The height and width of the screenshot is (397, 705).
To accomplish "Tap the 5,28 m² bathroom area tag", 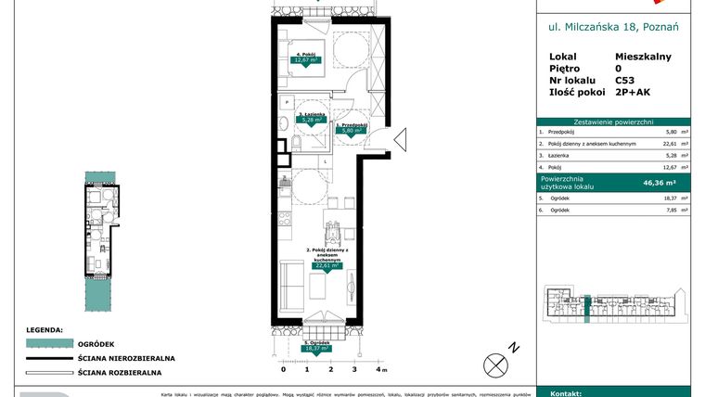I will coord(309,120).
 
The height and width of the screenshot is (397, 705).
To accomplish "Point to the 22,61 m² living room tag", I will coord(325,265).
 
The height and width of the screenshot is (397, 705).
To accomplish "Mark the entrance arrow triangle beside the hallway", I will coord(400,141).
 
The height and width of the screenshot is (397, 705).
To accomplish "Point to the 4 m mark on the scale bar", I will coord(378,368).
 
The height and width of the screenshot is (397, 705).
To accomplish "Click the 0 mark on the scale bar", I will coord(283,368).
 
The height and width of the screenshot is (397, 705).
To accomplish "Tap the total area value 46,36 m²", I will coord(659,184).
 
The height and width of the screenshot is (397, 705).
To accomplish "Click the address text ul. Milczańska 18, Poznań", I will coord(613,28).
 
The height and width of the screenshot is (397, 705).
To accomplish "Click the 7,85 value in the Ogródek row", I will coord(660,210).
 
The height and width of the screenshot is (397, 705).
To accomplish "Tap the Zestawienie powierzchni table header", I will coord(613,122).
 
